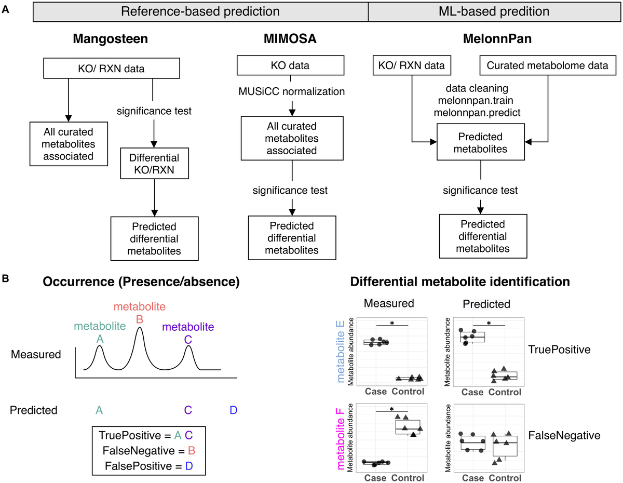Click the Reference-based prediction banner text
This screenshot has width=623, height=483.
tap(200, 11)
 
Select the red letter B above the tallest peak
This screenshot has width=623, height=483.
tap(139, 318)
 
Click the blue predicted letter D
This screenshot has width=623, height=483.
tap(233, 410)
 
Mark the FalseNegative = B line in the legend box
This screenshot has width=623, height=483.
tap(143, 450)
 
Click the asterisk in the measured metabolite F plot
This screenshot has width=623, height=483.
tap(391, 408)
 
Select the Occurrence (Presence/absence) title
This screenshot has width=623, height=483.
tap(141, 281)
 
